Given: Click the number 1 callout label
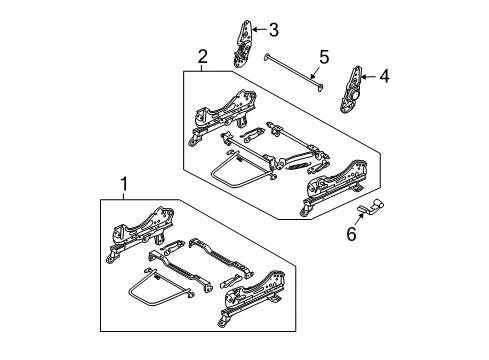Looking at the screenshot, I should pyautogui.click(x=123, y=184).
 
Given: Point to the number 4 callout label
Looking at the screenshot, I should pyautogui.click(x=385, y=73).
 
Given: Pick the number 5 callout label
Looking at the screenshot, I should pyautogui.click(x=322, y=57).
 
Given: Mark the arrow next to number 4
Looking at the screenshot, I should pyautogui.click(x=371, y=73).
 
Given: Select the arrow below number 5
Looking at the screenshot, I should pyautogui.click(x=315, y=72).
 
